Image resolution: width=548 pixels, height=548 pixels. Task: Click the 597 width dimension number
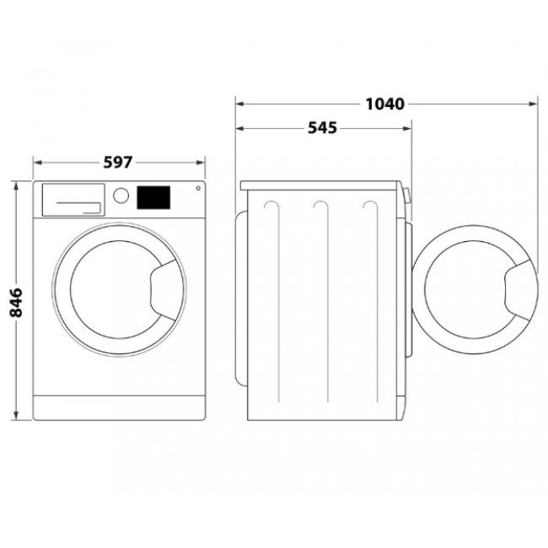(119, 162)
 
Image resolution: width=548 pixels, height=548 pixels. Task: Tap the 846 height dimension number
(15, 301)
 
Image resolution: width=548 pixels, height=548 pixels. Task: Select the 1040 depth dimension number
(385, 105)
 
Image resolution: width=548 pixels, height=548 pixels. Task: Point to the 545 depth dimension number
(322, 128)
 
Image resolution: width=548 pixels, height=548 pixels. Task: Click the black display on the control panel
(153, 197)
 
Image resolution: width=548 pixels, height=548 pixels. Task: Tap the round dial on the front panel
(121, 196)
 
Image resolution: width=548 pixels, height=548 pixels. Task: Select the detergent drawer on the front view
(73, 199)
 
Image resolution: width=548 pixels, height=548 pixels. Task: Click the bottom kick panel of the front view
(120, 406)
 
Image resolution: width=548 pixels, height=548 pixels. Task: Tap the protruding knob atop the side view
(407, 196)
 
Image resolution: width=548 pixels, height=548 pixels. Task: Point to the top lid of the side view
(320, 184)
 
